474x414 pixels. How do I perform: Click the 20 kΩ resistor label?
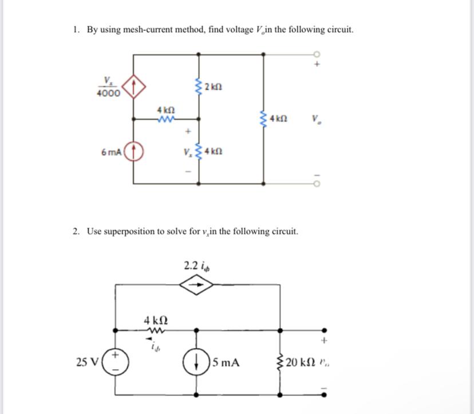coord(301,362)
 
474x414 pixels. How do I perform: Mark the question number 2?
coord(76,231)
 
